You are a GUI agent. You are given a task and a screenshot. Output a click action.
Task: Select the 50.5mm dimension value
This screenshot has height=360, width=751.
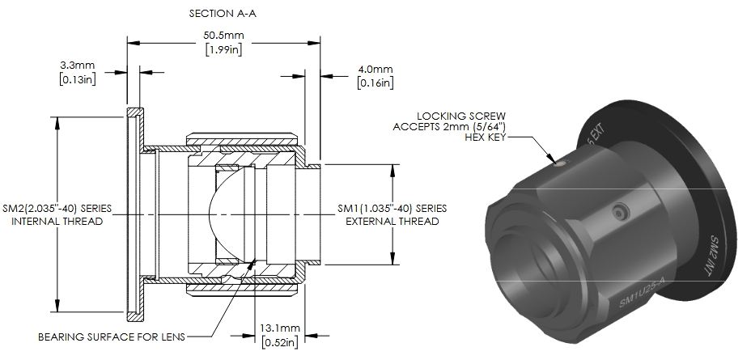223,36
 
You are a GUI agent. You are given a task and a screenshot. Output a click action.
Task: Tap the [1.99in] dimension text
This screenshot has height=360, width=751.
223,49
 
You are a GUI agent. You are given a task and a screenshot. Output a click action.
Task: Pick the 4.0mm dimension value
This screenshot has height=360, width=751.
375,70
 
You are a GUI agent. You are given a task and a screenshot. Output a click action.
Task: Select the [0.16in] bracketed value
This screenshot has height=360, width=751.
375,83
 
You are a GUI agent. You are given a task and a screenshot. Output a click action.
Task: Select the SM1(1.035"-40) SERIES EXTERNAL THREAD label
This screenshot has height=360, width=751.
392,215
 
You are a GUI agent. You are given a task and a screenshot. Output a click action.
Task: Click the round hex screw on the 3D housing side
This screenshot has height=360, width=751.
619,212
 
